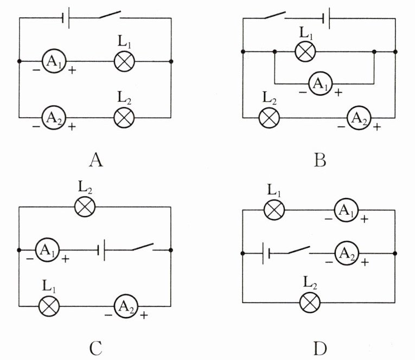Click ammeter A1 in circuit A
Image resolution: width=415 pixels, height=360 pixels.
[x=54, y=61]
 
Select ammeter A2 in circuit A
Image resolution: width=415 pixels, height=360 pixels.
[x=54, y=118]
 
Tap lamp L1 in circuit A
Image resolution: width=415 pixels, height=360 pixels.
[x=124, y=61]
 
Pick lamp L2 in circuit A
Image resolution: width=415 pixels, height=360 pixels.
[x=124, y=118]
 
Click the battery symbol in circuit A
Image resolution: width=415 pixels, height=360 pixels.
[x=66, y=18]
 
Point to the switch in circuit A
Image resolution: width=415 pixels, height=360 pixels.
[x=110, y=15]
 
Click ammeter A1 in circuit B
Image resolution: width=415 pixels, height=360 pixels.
[x=320, y=83]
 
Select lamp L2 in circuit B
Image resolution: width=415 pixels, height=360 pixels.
[x=269, y=118]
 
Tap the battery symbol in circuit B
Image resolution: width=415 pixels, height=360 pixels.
[x=327, y=18]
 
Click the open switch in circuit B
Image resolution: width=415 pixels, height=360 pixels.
[x=275, y=15]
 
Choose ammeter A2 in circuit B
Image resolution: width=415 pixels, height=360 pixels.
[x=359, y=118]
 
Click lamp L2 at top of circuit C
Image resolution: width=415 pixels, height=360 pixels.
[x=85, y=207]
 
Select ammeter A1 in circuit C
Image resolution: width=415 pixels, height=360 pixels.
[x=48, y=250]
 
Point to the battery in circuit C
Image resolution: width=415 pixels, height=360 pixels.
[x=101, y=250]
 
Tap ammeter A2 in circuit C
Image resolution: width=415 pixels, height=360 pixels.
[x=126, y=306]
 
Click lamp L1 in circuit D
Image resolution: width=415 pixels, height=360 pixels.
[x=274, y=210]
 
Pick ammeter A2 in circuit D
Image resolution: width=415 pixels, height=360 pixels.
[x=347, y=253]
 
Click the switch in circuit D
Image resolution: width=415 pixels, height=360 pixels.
[x=299, y=250]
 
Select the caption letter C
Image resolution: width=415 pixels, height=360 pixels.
[x=95, y=349]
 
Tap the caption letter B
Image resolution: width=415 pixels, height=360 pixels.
[x=320, y=160]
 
